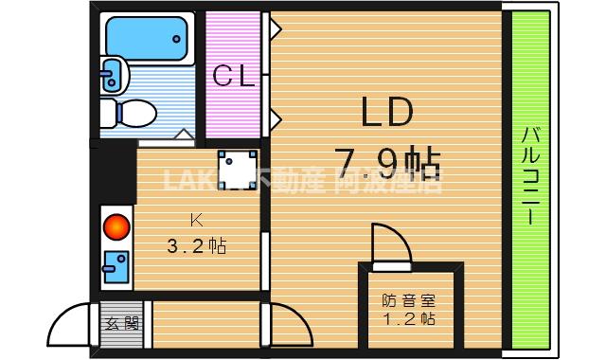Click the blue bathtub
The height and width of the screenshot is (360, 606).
pyautogui.click(x=150, y=37)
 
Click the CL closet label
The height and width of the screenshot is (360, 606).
pyautogui.click(x=233, y=77)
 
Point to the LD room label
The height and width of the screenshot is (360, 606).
pyautogui.click(x=385, y=113)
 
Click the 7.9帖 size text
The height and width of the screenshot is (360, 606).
pyautogui.click(x=388, y=163)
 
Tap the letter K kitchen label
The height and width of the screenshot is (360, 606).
pyautogui.click(x=196, y=221)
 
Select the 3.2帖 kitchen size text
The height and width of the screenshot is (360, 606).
pyautogui.click(x=196, y=246)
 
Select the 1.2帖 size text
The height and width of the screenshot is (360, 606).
pyautogui.click(x=409, y=319)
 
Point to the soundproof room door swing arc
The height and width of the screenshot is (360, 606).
pyautogui.click(x=388, y=242)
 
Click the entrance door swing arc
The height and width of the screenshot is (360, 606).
pyautogui.click(x=71, y=327)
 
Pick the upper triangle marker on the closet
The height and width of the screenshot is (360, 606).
pyautogui.click(x=275, y=31)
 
